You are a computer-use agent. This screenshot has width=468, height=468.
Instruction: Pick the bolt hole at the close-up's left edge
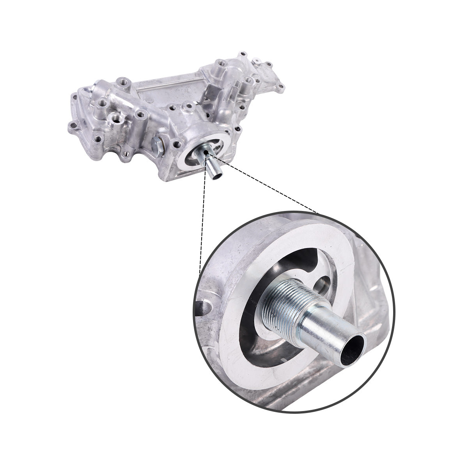pos(206,308)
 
